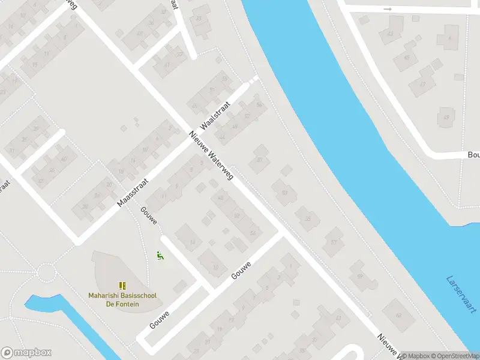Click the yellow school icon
click(x=122, y=286)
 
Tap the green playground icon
click(x=160, y=256)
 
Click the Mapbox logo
click(x=26, y=353)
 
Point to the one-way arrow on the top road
click(x=388, y=9)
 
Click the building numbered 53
click(x=284, y=192)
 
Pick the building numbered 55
click(x=308, y=218)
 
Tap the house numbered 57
click(x=333, y=242)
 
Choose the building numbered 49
click(x=445, y=117)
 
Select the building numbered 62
click(x=397, y=314)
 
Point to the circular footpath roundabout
click(x=46, y=275)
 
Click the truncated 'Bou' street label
click(x=473, y=155)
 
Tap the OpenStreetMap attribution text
click(x=456, y=356)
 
